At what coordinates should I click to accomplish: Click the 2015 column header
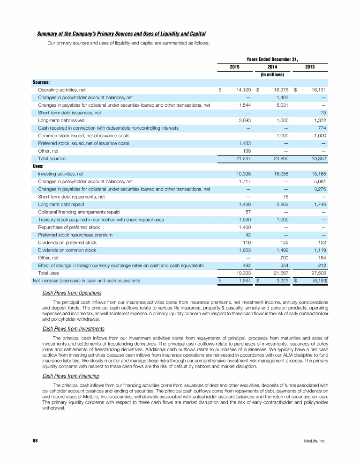coord(235,67)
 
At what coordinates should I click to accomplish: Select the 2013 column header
coord(310,67)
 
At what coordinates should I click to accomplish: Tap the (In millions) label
coord(272,74)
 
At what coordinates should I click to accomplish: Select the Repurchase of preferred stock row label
coord(69,227)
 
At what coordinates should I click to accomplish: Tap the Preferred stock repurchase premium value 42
coord(248,235)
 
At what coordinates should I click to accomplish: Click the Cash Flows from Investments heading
coord(73,328)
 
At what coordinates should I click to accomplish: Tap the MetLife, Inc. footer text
coord(315,441)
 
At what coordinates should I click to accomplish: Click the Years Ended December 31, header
coord(272,59)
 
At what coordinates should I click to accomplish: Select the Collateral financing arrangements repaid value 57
coord(248,212)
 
